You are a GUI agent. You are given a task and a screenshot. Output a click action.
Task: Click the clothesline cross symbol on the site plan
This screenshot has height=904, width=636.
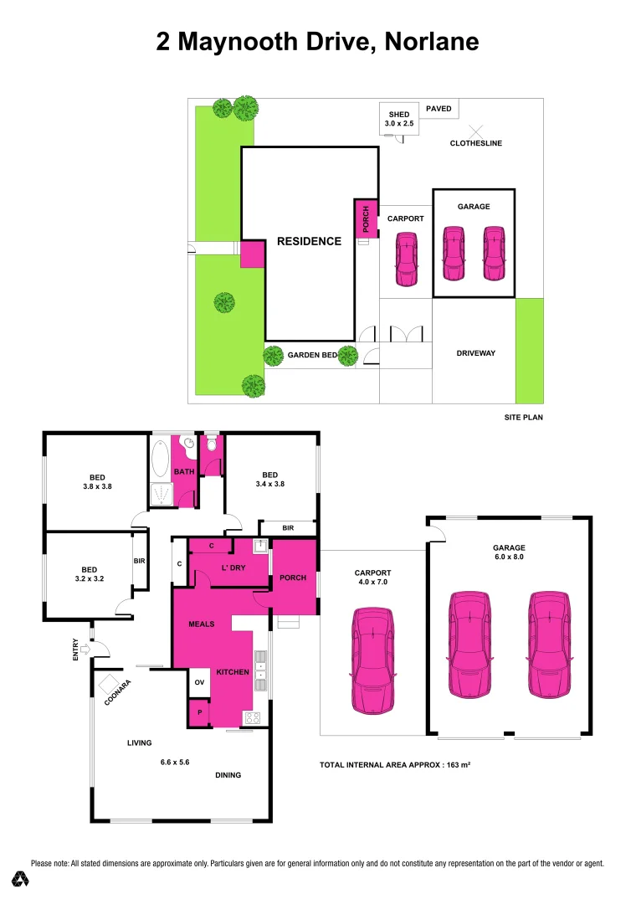coord(476,131)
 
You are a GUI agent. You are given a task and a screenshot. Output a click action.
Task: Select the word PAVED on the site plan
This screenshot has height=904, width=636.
coord(439,109)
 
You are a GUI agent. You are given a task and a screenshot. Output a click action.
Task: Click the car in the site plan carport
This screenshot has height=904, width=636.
coord(406,258)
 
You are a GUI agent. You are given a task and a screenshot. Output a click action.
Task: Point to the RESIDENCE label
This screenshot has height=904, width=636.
coord(309,241)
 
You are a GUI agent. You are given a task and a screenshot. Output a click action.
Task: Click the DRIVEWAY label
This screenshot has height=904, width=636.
coord(475,353)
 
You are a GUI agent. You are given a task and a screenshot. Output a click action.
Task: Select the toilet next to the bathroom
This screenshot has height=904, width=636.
coord(210,444)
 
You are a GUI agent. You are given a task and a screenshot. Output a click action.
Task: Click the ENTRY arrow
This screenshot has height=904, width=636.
coord(85,647)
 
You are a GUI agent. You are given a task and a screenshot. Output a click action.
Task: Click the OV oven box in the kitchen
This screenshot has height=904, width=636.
coord(200,682)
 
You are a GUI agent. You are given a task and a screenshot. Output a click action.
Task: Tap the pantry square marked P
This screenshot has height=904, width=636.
coord(199,712)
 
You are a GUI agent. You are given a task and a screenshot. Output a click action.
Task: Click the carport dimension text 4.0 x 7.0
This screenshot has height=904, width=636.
coord(372,583)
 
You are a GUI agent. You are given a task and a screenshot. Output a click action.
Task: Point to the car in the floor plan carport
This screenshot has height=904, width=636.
coord(373,660)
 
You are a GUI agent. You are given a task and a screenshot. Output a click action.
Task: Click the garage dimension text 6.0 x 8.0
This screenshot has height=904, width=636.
coord(509,558)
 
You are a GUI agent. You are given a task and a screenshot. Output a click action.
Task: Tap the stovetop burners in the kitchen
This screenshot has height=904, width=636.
coord(252,717)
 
